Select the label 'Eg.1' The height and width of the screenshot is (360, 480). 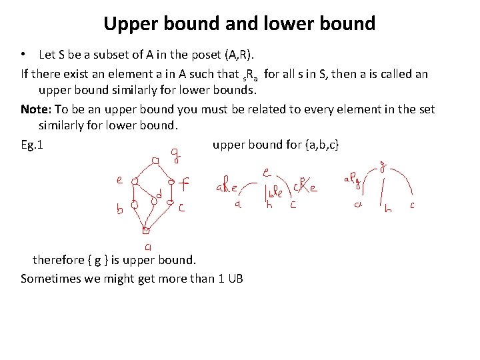pos(32,145)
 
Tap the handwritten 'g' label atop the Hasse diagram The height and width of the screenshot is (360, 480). pos(175,157)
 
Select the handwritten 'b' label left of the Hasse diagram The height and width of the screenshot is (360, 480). pos(120,209)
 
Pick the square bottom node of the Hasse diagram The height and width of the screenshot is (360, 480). pos(145,231)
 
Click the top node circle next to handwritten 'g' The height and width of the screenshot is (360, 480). pos(155,161)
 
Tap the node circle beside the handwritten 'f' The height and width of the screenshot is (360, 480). pos(171,181)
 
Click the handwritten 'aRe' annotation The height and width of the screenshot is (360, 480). pos(227,188)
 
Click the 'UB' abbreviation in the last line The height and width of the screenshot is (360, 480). pos(235,278)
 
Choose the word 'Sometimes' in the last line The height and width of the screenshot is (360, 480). pos(49,278)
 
